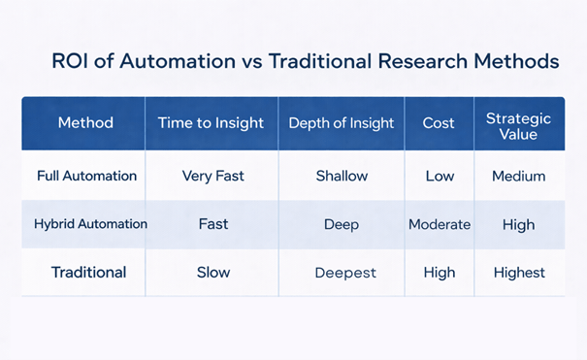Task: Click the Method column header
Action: tap(85, 123)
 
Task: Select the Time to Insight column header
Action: tap(212, 123)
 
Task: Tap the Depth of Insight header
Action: tap(342, 123)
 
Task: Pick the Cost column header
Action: tap(439, 123)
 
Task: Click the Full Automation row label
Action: tap(86, 177)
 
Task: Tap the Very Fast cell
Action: tap(212, 177)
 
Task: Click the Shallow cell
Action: tap(342, 177)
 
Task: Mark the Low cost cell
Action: tap(439, 177)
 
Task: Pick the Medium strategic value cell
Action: tap(518, 177)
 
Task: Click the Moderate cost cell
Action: tap(439, 224)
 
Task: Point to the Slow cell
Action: tap(212, 273)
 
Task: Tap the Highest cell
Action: tap(518, 273)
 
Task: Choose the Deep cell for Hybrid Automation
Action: tap(342, 224)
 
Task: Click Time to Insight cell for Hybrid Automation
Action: tap(212, 224)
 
